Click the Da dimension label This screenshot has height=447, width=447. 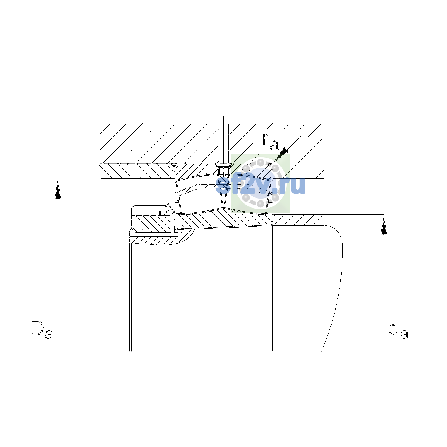click(42, 330)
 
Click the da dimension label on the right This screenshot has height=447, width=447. click(398, 330)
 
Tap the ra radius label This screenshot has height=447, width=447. click(270, 142)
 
